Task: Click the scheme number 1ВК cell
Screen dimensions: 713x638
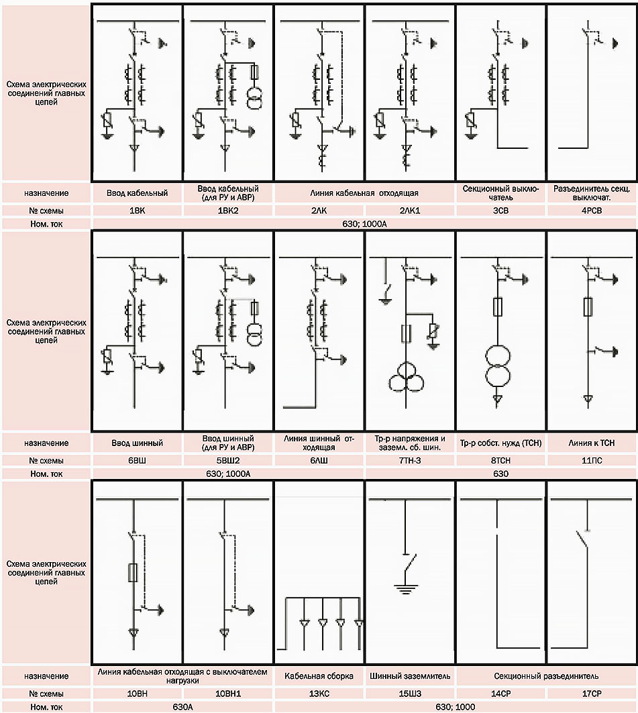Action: [x=137, y=211]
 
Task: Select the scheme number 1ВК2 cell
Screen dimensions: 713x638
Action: [x=228, y=211]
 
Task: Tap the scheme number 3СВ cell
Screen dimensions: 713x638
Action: [x=501, y=211]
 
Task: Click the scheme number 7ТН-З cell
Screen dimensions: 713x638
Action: [x=410, y=461]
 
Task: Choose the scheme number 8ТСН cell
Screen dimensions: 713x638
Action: [x=501, y=461]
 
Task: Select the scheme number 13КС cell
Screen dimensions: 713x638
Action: [x=319, y=693]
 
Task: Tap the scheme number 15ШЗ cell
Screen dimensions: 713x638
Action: [x=410, y=693]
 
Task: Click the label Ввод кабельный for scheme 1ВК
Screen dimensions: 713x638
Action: [x=137, y=193]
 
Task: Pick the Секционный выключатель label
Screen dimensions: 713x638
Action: [x=501, y=193]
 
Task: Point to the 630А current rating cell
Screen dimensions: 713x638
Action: [x=182, y=707]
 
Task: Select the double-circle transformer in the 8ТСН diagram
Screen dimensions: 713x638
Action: [x=497, y=366]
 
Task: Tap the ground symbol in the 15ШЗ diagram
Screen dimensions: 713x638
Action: [x=403, y=590]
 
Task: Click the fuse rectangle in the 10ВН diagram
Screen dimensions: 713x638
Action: [x=133, y=572]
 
